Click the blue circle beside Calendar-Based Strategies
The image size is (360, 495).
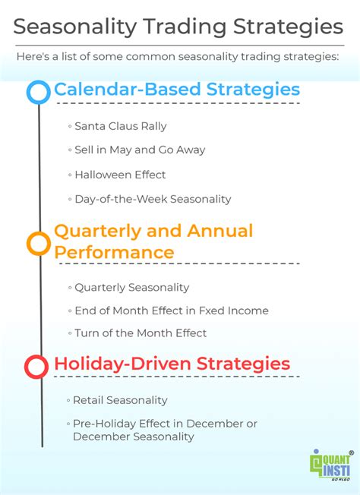click(x=38, y=92)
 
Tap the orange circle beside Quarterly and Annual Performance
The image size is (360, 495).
click(x=38, y=243)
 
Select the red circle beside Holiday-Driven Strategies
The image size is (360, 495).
click(x=36, y=367)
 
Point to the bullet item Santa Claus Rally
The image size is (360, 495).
click(x=120, y=126)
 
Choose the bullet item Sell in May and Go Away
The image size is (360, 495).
click(x=139, y=150)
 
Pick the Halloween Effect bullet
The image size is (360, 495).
click(x=120, y=175)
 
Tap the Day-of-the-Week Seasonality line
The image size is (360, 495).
click(x=152, y=199)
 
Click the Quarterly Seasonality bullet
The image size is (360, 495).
click(x=131, y=288)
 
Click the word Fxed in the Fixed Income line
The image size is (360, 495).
click(x=192, y=311)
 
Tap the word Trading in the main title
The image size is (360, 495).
click(x=181, y=27)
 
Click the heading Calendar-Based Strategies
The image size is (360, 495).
click(x=176, y=90)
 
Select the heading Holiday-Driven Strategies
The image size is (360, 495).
click(x=172, y=364)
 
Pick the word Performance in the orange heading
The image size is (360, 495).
click(x=114, y=251)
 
